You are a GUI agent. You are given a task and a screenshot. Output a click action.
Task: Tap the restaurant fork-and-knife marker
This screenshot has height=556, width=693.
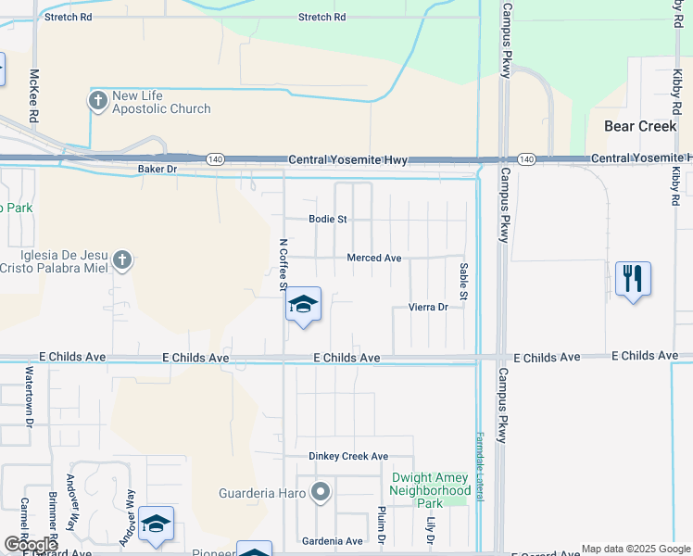click(x=633, y=278)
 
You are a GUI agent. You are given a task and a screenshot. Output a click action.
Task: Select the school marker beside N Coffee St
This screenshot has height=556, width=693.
click(x=303, y=304)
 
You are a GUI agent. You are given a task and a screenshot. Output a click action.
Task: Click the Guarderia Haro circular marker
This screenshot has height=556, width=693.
click(x=321, y=492)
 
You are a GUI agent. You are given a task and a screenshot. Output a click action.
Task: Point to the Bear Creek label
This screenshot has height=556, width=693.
click(x=639, y=126)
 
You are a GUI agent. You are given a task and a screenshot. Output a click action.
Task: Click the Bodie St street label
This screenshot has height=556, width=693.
click(x=327, y=220)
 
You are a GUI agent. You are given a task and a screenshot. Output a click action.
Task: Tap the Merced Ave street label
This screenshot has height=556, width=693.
click(x=374, y=258)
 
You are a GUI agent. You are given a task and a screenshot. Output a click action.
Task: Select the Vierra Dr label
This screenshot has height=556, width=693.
click(x=428, y=307)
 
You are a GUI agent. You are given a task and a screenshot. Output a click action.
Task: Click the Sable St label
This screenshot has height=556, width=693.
click(x=464, y=281)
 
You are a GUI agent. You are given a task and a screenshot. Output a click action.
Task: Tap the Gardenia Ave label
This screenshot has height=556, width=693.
click(x=333, y=541)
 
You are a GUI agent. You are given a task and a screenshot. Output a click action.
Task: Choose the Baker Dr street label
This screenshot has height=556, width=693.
click(x=157, y=169)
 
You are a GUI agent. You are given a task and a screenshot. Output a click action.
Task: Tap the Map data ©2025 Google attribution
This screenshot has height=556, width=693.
click(x=635, y=549)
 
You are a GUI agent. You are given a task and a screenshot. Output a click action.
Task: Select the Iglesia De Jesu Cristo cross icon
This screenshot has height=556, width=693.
click(x=123, y=261)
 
